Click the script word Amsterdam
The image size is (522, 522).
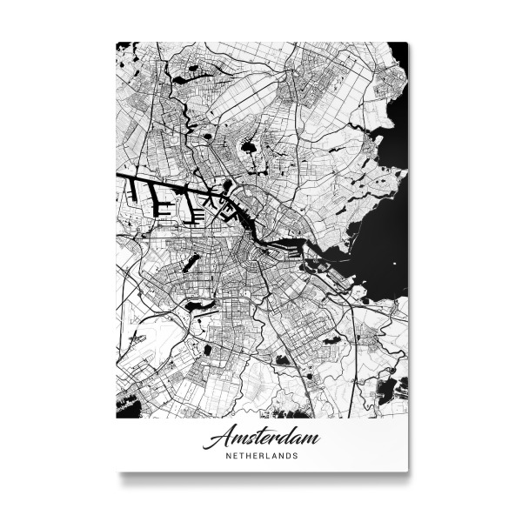[261, 438]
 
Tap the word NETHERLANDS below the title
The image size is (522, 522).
[261, 455]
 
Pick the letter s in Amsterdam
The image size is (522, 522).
[247, 438]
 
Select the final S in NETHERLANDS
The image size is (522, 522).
[297, 455]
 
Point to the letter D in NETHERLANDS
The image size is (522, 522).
[290, 455]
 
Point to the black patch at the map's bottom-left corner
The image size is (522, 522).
[126, 405]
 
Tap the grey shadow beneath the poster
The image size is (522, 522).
[261, 476]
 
